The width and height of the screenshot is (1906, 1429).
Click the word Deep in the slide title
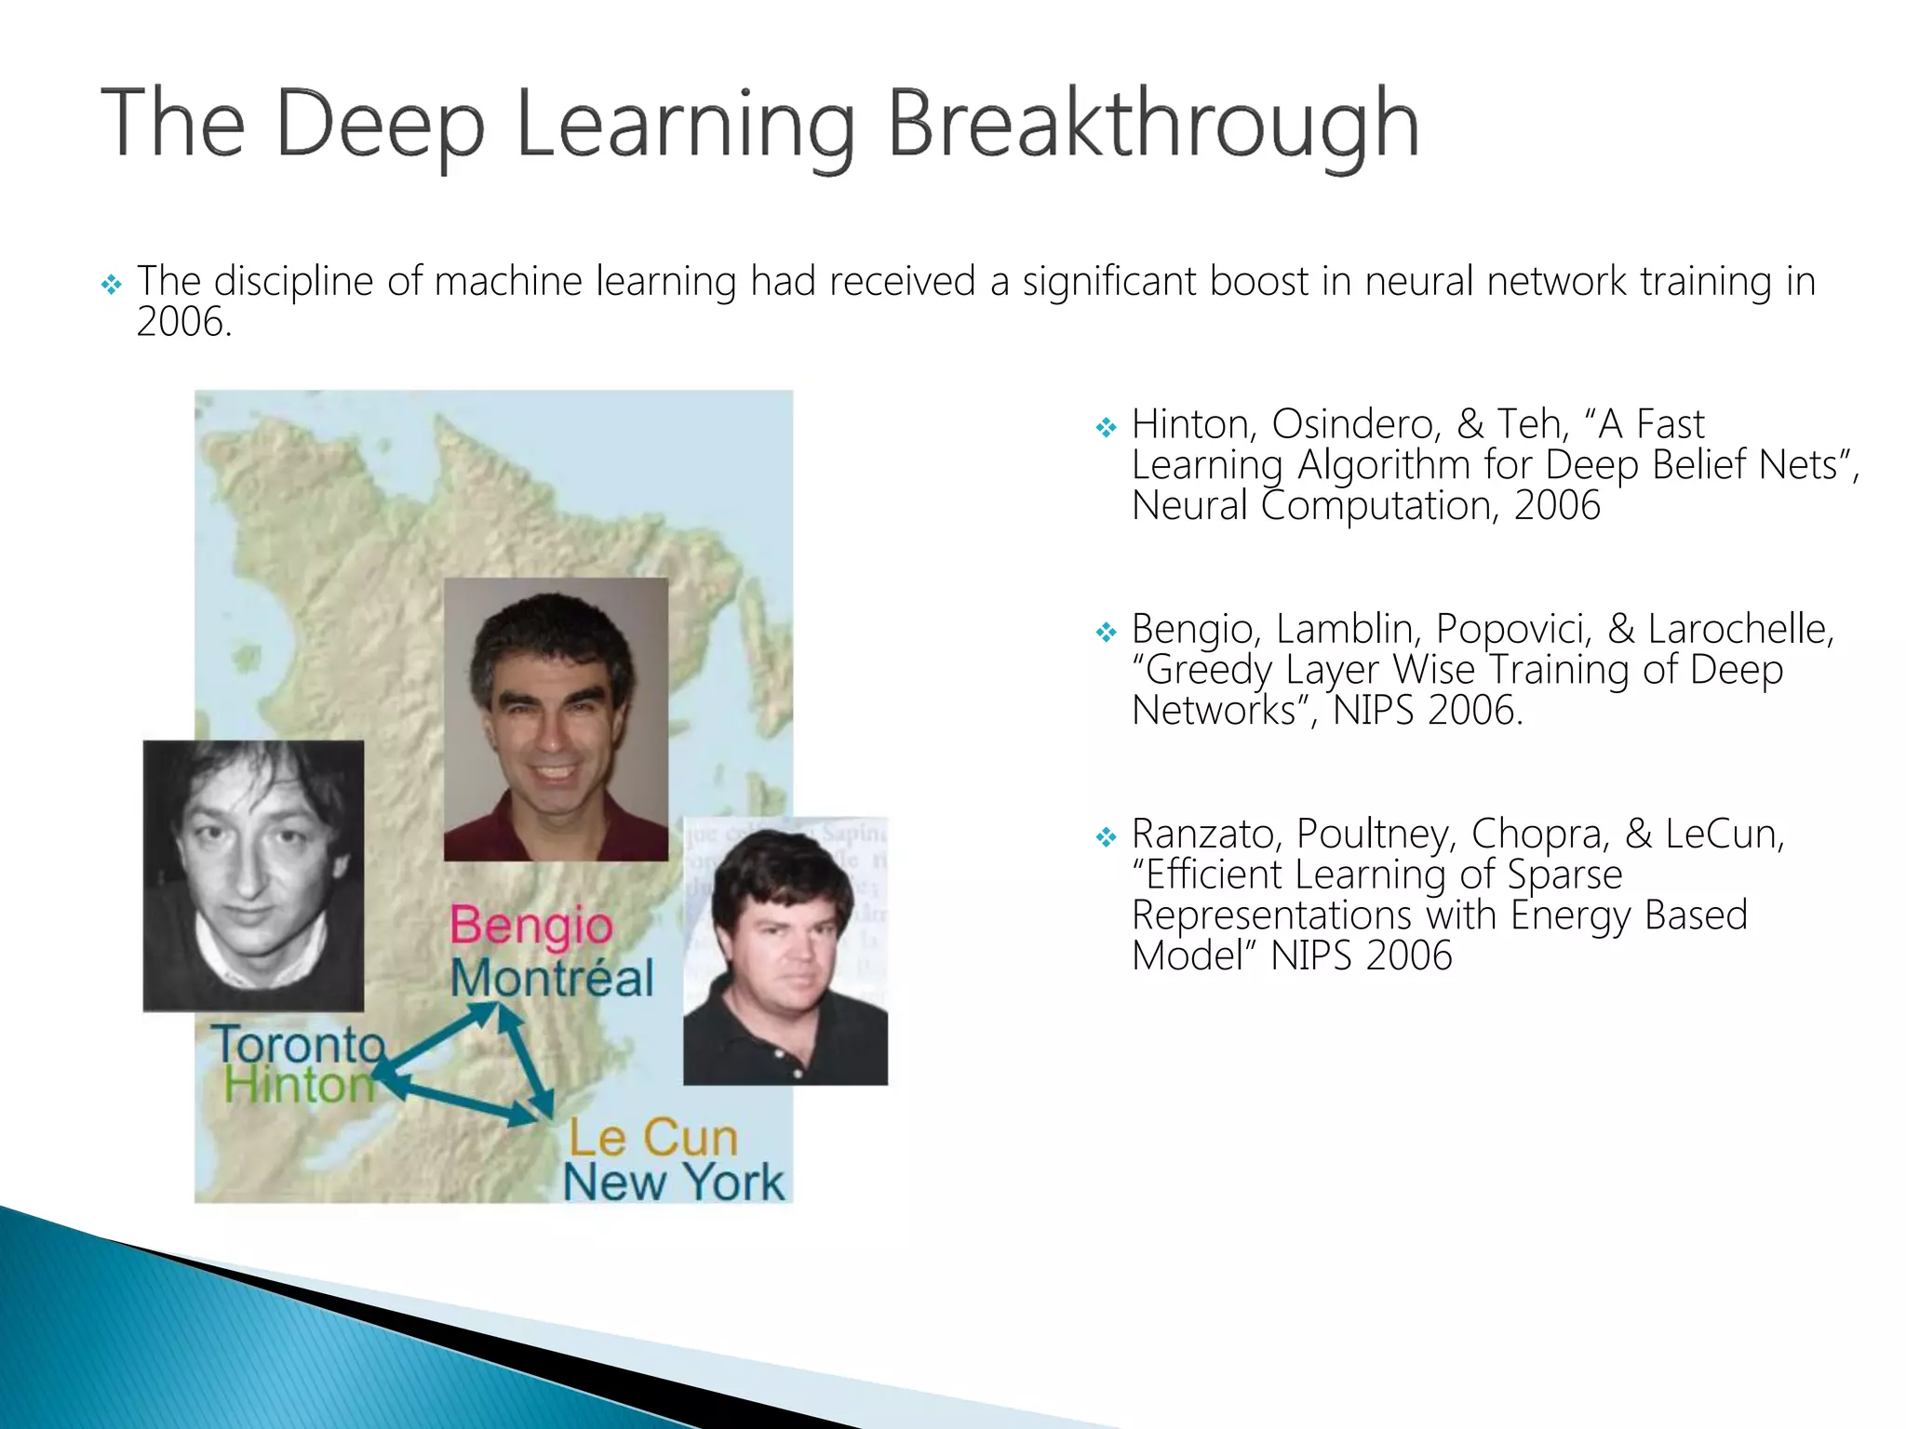tap(380, 124)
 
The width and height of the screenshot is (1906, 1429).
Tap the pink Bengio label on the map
tap(531, 927)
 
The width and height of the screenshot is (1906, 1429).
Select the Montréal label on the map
tap(552, 978)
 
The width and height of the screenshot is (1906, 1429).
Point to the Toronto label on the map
tap(298, 1044)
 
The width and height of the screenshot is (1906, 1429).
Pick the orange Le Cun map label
tap(652, 1138)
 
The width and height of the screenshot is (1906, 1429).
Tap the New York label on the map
tap(674, 1182)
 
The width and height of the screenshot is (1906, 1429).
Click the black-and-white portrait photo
tap(253, 875)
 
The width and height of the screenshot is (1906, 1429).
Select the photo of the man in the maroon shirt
tap(556, 719)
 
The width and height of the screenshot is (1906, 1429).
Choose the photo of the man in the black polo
tap(785, 951)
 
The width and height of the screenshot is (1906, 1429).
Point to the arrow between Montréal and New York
tap(524, 1061)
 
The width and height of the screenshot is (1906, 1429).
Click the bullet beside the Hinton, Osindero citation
tap(1106, 428)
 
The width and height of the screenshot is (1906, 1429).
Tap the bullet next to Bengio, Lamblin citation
tap(1106, 633)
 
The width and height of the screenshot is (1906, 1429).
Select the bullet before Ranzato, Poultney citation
tap(1106, 837)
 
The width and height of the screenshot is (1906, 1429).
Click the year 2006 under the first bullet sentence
tap(182, 323)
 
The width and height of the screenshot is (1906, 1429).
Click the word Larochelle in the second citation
tap(1739, 629)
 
